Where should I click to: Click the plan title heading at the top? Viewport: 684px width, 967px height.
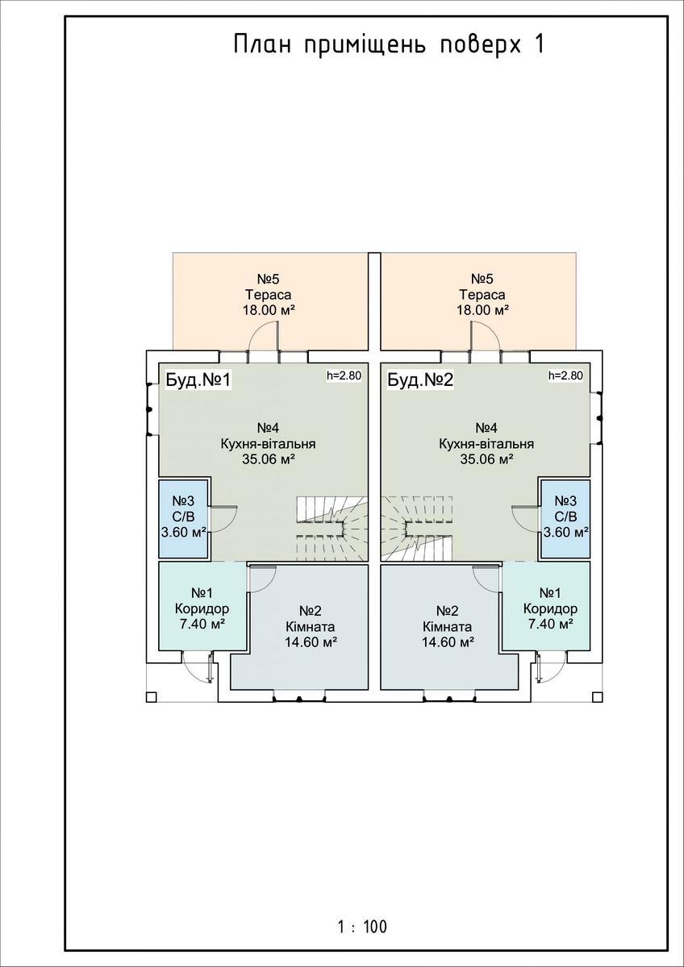coord(389,46)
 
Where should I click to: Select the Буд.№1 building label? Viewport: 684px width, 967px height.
coord(198,380)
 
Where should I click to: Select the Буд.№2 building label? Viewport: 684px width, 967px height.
coord(420,380)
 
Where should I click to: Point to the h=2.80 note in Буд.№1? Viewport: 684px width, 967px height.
coord(344,376)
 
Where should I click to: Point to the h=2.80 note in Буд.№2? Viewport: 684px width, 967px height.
coord(565,376)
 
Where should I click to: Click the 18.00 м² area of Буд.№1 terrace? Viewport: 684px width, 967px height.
coord(269,310)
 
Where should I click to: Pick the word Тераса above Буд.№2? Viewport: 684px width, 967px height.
coord(482,295)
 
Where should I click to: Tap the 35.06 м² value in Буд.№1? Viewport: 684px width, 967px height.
coord(269,459)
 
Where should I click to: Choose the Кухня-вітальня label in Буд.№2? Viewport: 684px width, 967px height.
coord(486,444)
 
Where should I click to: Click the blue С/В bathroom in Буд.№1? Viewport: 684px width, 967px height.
coord(184,518)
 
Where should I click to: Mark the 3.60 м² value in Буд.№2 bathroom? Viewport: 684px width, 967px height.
coord(566,533)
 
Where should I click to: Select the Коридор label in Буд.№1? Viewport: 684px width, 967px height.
coord(202,608)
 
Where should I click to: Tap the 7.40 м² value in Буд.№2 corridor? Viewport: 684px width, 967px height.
coord(550,625)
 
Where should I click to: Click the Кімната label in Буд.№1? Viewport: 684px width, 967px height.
coord(311,627)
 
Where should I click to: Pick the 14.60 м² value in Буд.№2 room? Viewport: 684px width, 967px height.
coord(448,642)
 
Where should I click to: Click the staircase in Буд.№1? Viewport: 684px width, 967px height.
coord(332,529)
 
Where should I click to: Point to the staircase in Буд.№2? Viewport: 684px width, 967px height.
coord(416,529)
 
